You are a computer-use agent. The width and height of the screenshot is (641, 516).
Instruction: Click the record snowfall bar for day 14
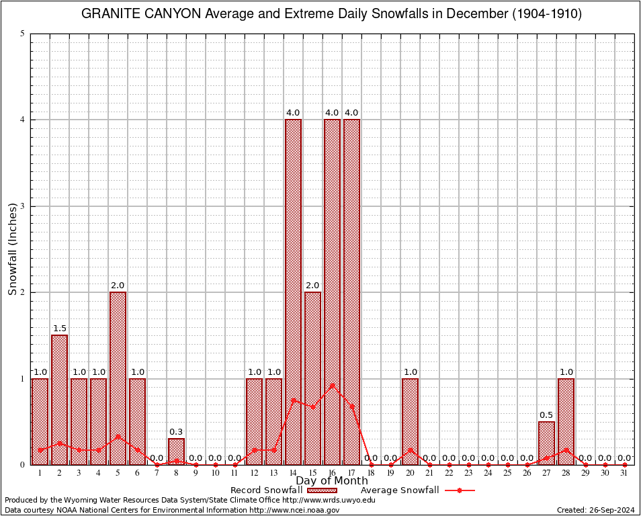293,292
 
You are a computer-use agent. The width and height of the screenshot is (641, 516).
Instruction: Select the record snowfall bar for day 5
118,378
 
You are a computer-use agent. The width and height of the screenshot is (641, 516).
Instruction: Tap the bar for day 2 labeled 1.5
59,399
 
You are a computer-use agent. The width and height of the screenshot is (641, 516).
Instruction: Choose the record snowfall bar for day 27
546,443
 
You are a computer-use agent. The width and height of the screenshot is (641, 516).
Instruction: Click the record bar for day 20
410,421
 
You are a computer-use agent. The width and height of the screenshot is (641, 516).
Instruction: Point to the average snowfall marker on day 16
332,386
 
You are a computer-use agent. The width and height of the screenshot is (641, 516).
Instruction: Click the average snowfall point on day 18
371,464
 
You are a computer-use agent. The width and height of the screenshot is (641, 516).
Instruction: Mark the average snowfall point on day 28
566,450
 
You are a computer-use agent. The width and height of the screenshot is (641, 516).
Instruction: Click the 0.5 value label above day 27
546,415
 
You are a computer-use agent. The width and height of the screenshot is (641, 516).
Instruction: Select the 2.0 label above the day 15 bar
312,285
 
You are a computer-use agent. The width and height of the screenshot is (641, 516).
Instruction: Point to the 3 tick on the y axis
22,206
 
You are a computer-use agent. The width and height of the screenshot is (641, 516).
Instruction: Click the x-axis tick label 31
624,474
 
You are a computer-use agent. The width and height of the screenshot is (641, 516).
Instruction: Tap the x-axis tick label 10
215,474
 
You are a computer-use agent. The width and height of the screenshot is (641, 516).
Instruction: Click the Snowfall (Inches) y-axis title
13,249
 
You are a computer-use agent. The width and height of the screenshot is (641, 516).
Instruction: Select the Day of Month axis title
332,481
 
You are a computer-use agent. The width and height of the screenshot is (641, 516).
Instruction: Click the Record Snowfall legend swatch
322,490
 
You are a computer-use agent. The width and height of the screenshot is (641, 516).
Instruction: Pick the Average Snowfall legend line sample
458,490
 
